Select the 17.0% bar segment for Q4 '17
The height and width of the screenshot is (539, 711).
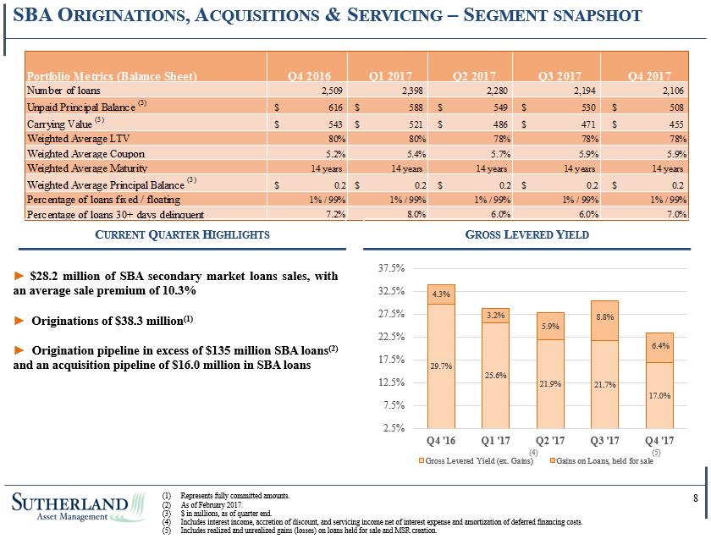coord(659,395)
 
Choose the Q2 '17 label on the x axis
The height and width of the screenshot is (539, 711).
coord(551,441)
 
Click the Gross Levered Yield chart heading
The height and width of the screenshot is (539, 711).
coord(527,234)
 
